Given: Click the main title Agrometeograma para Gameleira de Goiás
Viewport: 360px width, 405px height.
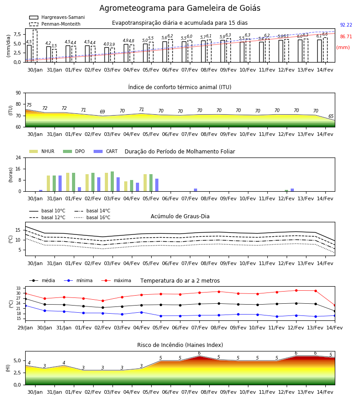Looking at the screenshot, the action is click(180, 8).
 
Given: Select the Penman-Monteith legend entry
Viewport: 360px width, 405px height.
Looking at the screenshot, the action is click(55, 24).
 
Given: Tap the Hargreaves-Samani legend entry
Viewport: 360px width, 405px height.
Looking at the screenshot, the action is click(57, 17).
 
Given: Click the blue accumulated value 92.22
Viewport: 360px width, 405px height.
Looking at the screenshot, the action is click(346, 25).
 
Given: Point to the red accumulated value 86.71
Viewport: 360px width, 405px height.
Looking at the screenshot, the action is click(346, 36).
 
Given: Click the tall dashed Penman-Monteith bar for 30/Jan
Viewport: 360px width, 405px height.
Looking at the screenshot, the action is click(35, 46).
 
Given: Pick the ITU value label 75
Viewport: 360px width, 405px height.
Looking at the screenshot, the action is click(29, 105).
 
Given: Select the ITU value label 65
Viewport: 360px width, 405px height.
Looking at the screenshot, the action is click(331, 116).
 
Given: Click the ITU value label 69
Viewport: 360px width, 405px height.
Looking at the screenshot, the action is click(103, 112).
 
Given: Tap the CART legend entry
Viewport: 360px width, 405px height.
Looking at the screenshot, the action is click(106, 151).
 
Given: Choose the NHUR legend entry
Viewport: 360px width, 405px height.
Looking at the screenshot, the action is click(42, 151).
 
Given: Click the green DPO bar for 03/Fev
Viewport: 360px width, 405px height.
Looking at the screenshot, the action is click(112, 181).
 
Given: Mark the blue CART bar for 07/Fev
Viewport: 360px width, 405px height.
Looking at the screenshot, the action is click(195, 190).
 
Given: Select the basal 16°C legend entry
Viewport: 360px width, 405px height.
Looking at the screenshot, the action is click(92, 217).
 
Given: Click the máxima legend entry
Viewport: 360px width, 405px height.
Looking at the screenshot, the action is click(116, 280).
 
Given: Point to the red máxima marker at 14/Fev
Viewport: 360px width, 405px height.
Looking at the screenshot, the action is click(335, 306).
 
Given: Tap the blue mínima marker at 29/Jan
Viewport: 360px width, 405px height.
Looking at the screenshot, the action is click(25, 306).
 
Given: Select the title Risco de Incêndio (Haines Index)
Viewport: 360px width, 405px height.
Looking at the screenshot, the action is click(180, 345).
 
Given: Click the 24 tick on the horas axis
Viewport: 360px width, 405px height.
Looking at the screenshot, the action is click(18, 157).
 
